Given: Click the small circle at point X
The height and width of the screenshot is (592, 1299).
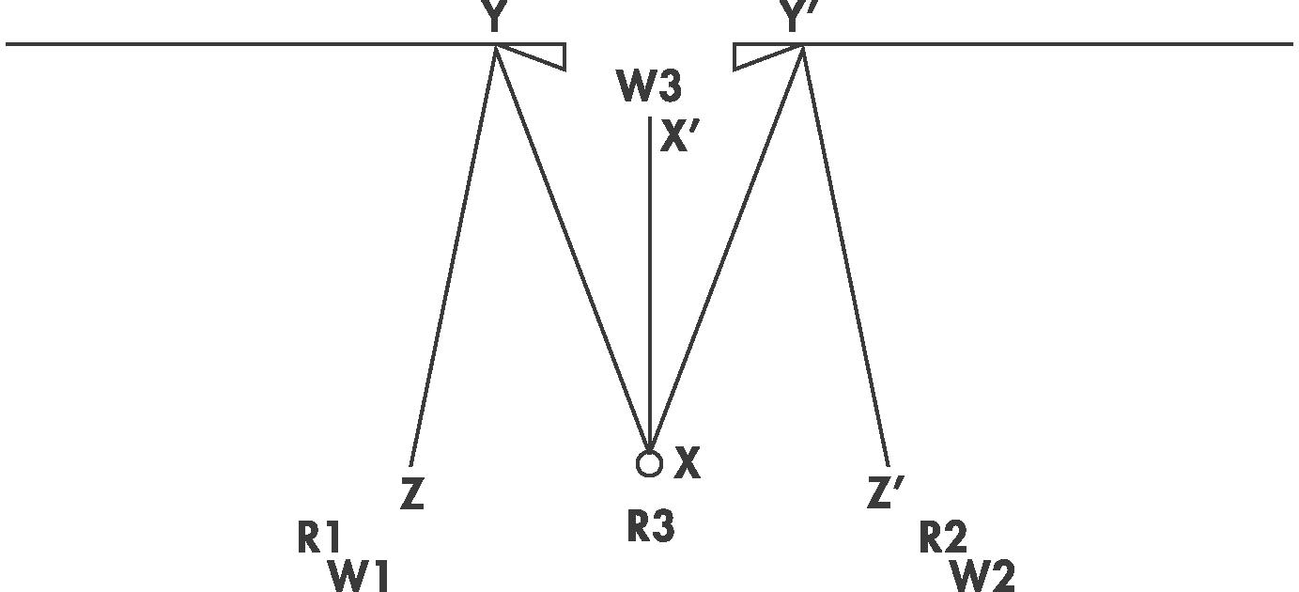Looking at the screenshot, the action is point(649,463).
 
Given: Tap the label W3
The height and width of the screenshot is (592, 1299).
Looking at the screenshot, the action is point(649,86).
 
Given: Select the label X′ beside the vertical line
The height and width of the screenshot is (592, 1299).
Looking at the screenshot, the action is point(682,137).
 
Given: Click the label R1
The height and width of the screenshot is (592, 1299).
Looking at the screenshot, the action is point(319,538).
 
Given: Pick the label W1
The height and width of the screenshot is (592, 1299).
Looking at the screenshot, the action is point(359,575).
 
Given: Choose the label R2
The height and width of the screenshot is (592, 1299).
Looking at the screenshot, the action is point(943,538).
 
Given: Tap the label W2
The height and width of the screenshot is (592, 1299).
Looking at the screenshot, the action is point(983,575).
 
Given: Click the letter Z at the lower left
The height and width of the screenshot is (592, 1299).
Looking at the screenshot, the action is point(412,494).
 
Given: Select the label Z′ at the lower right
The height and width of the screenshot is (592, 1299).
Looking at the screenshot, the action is point(885,492).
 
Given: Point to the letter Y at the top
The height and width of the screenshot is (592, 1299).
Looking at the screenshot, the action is point(495,17).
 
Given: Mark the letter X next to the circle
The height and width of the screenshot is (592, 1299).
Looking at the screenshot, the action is point(688,463).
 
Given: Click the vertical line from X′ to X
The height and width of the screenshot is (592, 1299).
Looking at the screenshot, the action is point(650,282).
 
